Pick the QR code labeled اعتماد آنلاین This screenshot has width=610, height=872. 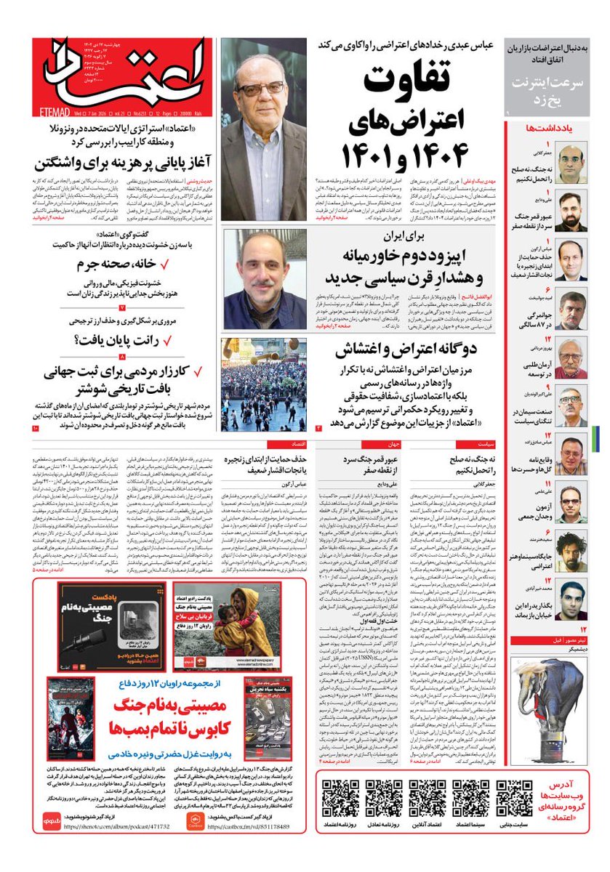(427, 799)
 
